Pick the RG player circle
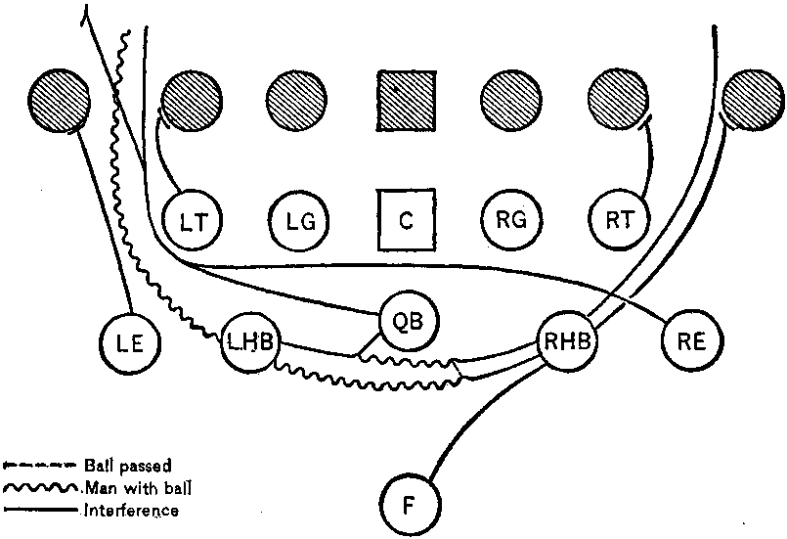tap(511, 218)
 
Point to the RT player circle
tap(617, 218)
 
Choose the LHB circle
tap(251, 342)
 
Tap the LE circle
tap(130, 342)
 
